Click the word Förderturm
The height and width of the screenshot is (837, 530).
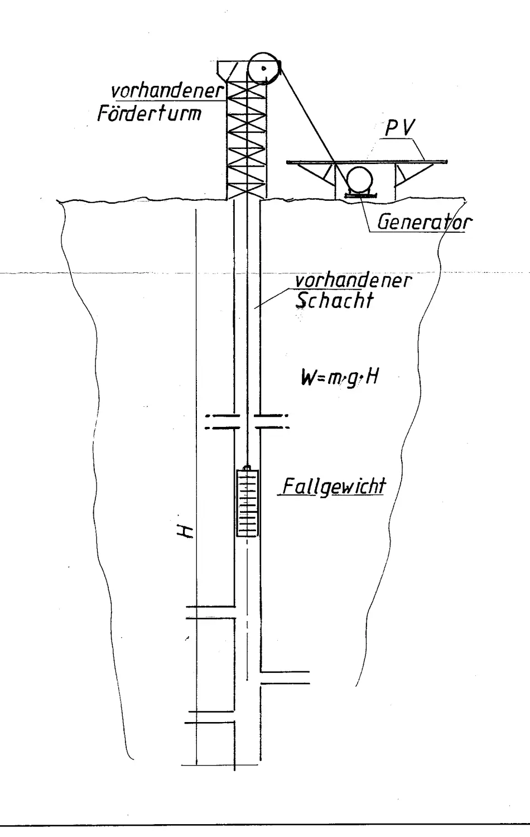coord(149,113)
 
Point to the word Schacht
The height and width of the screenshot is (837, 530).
coord(334,301)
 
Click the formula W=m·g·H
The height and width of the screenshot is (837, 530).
coord(340,378)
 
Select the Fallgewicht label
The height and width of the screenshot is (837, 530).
coord(334,486)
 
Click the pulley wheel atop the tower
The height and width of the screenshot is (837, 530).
coord(263,68)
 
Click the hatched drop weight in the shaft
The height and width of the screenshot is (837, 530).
coord(248,503)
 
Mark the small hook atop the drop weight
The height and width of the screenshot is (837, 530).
coord(248,467)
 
